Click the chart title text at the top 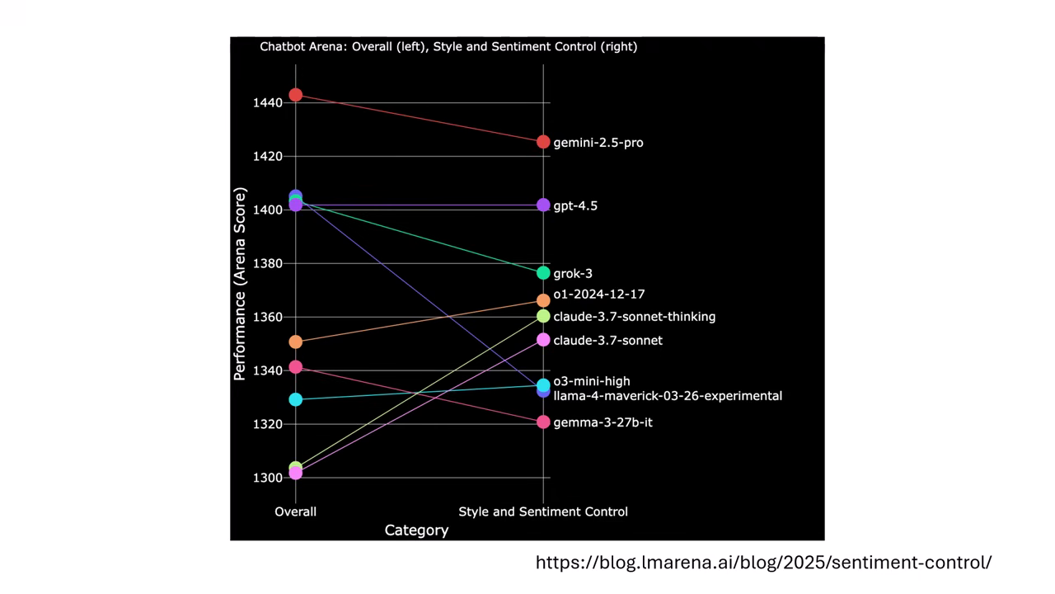tap(448, 46)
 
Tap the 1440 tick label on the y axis tap(267, 103)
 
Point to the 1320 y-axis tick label tap(267, 424)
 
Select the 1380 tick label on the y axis tap(267, 264)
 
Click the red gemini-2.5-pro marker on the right tap(543, 142)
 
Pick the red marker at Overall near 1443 tap(296, 95)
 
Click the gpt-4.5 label tap(575, 205)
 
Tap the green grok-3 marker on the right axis tap(543, 273)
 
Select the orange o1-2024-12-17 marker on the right tap(543, 300)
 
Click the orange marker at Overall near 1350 tap(296, 342)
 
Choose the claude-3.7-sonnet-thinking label tap(634, 317)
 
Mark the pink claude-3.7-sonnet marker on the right tap(543, 340)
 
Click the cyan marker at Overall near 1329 tap(296, 399)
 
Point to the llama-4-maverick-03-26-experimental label tap(668, 396)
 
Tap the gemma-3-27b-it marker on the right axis tap(543, 422)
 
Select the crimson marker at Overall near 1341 tap(296, 367)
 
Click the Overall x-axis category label tap(296, 511)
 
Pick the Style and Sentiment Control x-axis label tap(543, 511)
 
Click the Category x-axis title tap(416, 530)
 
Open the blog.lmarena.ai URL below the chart tap(763, 563)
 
